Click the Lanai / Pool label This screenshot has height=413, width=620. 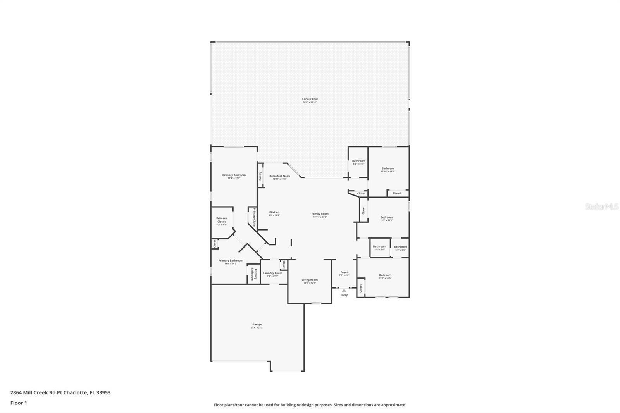310,99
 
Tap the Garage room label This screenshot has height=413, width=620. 257,325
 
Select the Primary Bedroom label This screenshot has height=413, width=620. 234,175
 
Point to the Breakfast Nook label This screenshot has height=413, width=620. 279,176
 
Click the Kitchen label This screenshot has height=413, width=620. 274,212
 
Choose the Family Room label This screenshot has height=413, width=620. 320,214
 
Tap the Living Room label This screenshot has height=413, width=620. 310,280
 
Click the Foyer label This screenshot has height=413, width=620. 344,272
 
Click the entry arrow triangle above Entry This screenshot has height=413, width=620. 344,290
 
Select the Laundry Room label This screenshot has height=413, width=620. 272,273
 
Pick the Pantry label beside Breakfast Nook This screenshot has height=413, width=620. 260,176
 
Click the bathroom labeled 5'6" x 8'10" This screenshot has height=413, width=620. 358,161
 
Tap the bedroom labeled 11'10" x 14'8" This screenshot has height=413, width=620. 387,169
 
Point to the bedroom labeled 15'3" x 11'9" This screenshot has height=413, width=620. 386,217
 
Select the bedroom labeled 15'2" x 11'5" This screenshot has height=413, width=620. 385,275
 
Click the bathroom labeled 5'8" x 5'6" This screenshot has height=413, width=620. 379,247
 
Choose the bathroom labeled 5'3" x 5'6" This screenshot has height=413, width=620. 400,247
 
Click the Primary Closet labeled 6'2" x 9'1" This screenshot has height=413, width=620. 221,220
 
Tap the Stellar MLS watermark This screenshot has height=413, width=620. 602,207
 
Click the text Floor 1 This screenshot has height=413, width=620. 19,403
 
